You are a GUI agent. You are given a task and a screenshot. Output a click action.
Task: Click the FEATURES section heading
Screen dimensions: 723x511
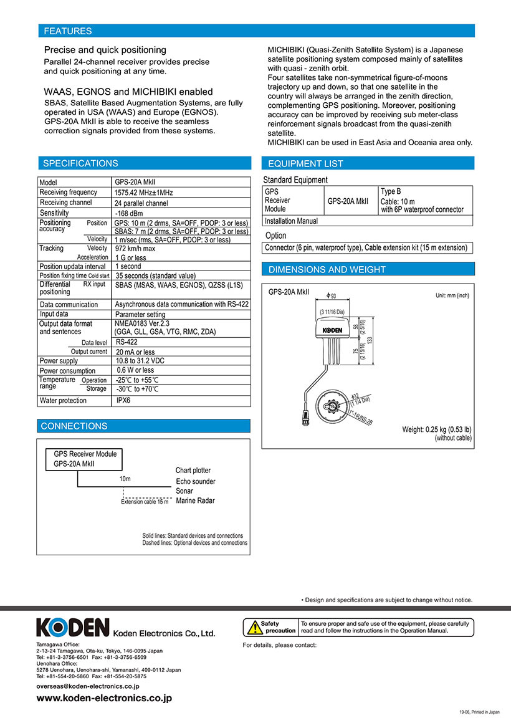[67, 31]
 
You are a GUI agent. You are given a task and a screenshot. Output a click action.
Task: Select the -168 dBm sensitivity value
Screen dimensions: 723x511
[130, 213]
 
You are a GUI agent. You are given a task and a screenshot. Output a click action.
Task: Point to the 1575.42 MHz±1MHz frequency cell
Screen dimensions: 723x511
[144, 193]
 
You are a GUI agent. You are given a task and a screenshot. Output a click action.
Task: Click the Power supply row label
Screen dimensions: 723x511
[59, 361]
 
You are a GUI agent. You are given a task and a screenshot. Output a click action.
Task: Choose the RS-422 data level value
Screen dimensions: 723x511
[127, 342]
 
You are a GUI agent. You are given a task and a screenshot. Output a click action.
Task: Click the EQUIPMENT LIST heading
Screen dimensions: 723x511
[305, 164]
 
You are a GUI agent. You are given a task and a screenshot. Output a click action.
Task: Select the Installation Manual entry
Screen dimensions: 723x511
[291, 221]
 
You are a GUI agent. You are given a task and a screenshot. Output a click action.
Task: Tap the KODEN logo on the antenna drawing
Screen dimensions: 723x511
[337, 330]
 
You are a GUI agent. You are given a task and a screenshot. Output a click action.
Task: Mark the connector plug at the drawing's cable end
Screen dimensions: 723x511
[305, 420]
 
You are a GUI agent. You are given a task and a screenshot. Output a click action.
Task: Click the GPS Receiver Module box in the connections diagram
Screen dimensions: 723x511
[85, 459]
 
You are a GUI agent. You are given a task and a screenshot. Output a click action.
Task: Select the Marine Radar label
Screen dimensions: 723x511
[195, 500]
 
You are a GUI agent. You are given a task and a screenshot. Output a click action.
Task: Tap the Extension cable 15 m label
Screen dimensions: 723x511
[145, 502]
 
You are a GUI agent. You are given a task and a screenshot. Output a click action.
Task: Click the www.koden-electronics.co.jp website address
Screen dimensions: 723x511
[104, 699]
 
